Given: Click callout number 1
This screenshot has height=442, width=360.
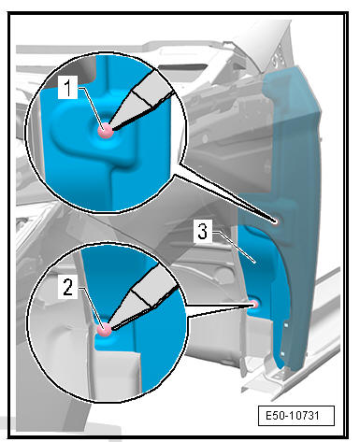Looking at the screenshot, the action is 67,88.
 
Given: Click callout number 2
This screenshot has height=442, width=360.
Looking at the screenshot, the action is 67,287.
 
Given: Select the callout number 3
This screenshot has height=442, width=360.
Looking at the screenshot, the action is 203,232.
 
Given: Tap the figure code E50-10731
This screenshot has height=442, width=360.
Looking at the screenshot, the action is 296,416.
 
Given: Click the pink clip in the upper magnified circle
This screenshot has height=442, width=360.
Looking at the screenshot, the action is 106,130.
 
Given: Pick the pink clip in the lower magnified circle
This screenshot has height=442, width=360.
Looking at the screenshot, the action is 104,329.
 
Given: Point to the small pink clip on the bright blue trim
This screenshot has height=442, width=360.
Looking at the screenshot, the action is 254,305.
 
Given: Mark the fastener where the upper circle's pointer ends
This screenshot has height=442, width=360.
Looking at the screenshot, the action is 275,221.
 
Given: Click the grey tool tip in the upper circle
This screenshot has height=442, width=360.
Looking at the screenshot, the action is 140,99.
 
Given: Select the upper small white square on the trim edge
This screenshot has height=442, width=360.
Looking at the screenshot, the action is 286,325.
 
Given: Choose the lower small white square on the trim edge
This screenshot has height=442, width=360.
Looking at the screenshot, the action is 282,354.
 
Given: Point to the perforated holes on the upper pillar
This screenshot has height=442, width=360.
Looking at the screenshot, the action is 278,56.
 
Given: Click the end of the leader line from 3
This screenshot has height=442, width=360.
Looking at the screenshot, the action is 255,264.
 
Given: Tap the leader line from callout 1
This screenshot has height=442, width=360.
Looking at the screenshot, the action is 91,107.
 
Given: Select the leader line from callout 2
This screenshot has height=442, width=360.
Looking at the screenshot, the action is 91,307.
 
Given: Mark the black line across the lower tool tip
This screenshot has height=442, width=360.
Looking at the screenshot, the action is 142,298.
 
